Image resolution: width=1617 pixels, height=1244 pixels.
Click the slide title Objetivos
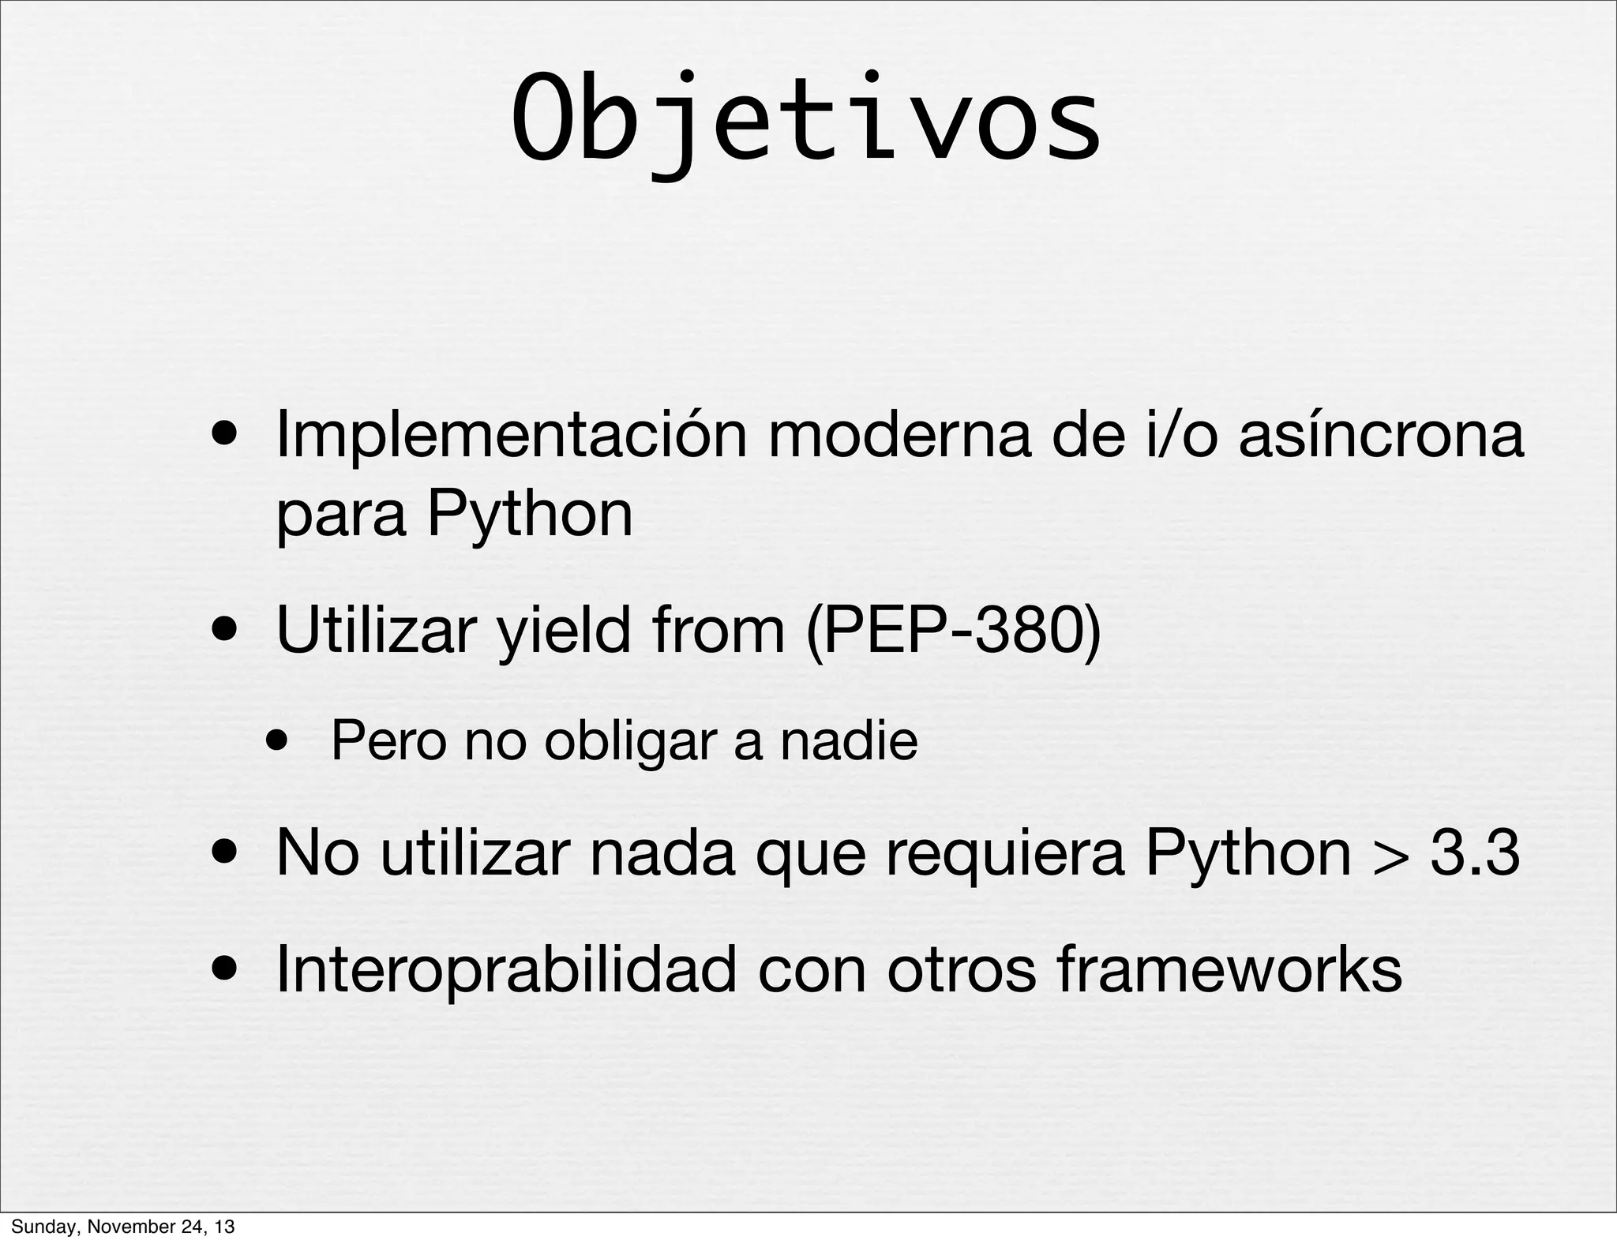click(805, 118)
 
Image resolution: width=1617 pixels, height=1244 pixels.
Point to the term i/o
click(1181, 436)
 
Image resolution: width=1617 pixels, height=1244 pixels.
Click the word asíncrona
click(1381, 436)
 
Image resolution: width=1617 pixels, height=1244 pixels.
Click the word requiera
click(1004, 853)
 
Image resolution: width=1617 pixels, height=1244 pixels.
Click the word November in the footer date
click(122, 1227)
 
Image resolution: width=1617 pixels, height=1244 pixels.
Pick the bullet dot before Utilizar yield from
click(227, 632)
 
